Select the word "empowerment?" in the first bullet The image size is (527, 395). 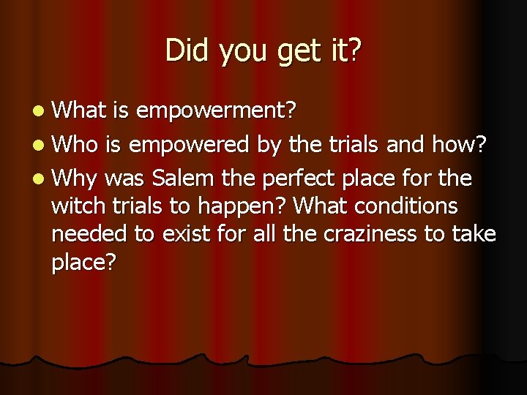coord(216,110)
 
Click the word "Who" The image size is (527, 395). coord(78,143)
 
